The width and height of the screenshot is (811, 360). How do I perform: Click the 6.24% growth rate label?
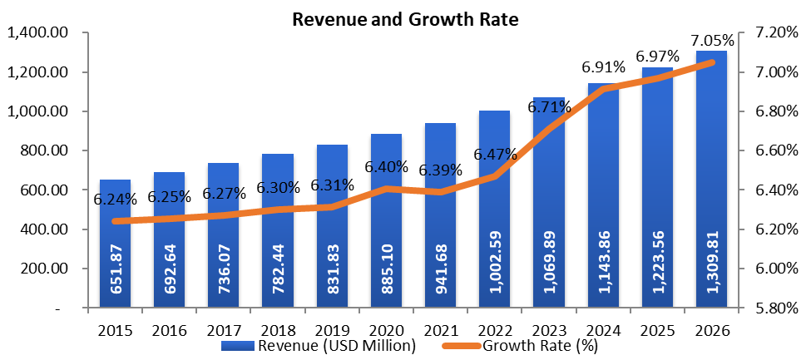coord(114,200)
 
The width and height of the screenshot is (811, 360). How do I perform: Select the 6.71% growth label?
coord(548,107)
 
